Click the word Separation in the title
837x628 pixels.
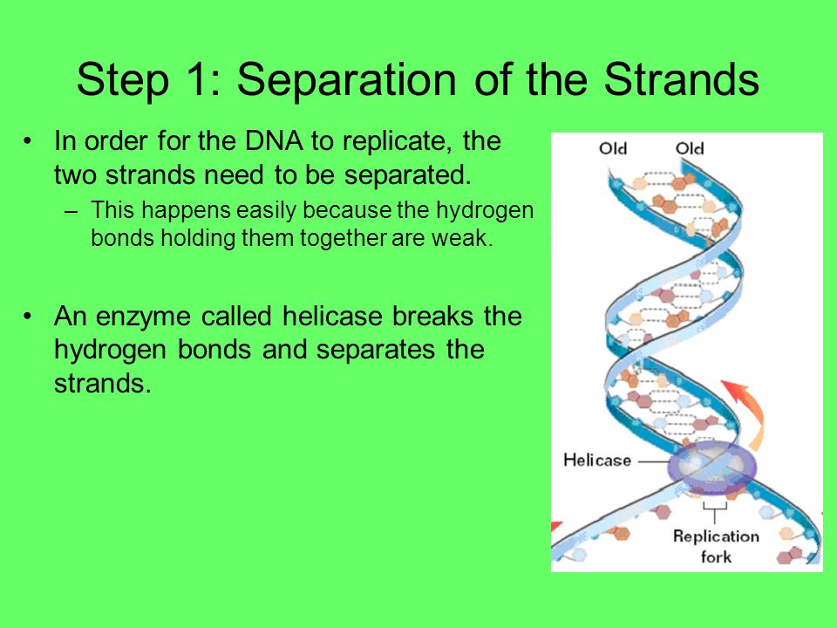coord(346,79)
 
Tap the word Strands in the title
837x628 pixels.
coord(681,79)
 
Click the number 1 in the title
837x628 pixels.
coord(196,79)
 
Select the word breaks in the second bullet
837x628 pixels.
coord(433,316)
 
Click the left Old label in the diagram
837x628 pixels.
coord(613,148)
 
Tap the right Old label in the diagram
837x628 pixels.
coord(690,148)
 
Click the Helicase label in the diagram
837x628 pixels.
coord(597,461)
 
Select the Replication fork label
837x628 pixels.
coord(716,546)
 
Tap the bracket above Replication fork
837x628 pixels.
coord(715,511)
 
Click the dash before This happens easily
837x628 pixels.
coord(71,211)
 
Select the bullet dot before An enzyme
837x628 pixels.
coord(28,317)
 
